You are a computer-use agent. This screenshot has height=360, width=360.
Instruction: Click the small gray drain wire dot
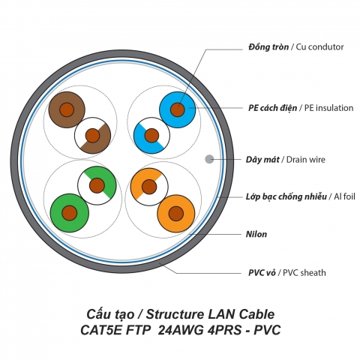pyautogui.click(x=209, y=159)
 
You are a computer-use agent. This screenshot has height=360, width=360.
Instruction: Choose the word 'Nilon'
pyautogui.click(x=256, y=234)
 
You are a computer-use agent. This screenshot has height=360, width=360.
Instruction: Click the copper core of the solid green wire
pyautogui.click(x=69, y=212)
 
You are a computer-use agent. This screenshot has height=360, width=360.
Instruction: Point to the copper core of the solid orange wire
pyautogui.click(x=176, y=212)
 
